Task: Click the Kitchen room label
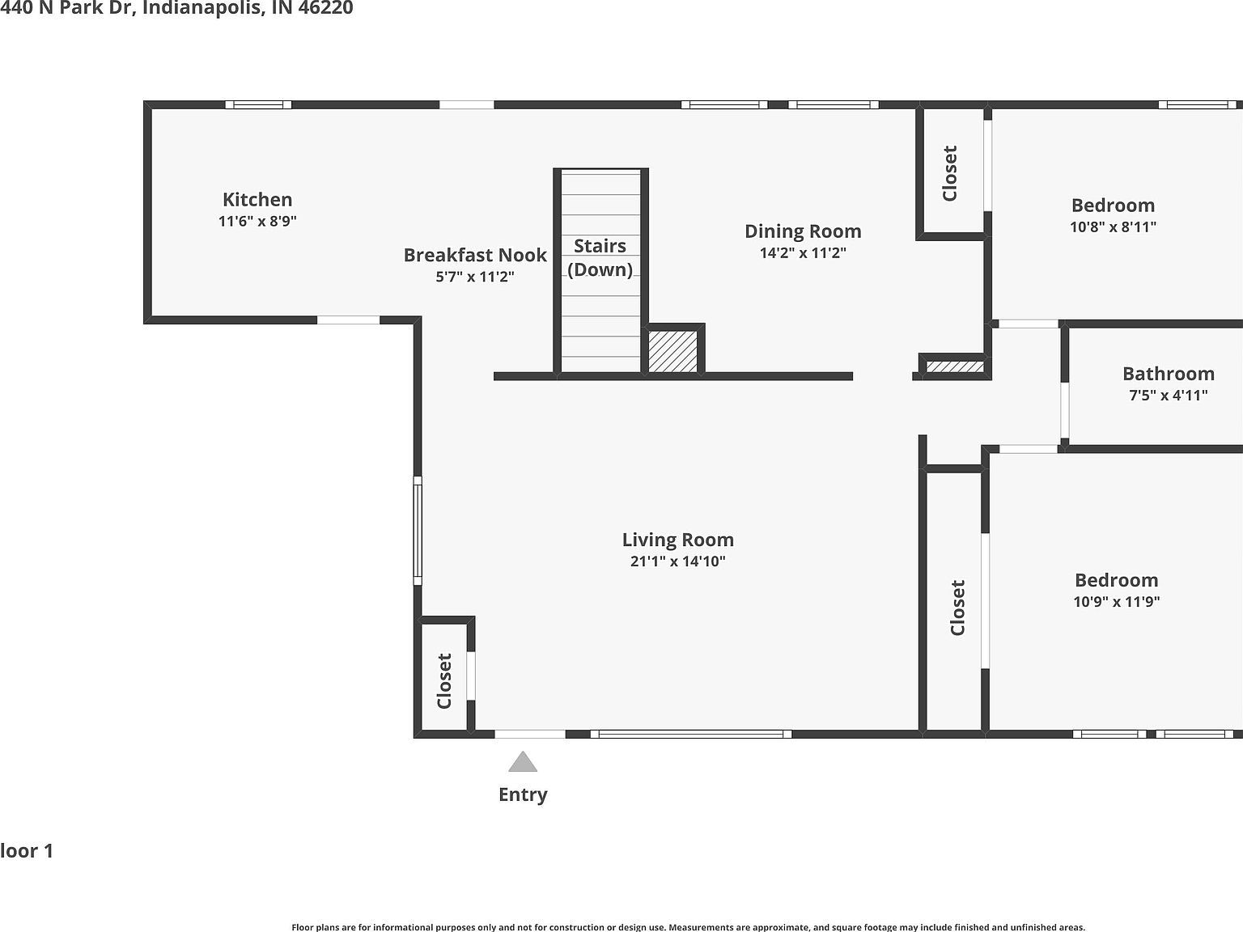tap(257, 199)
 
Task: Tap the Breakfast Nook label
tap(475, 255)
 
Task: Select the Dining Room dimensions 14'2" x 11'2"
tap(803, 253)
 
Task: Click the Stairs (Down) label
tap(600, 257)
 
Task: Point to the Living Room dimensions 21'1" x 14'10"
tap(677, 561)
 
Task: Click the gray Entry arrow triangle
tap(523, 762)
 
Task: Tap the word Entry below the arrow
tap(523, 794)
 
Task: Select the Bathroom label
tap(1168, 374)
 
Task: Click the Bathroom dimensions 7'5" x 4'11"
tap(1168, 396)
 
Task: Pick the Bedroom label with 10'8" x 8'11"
tap(1113, 205)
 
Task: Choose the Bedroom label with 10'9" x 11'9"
tap(1116, 580)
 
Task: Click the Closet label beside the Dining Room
tap(950, 173)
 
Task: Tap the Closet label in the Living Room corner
tap(444, 680)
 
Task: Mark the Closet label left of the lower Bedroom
tap(958, 608)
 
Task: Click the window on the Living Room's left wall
tap(418, 530)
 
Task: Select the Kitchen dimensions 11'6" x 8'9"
tap(257, 221)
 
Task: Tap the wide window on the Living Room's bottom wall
tap(691, 734)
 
